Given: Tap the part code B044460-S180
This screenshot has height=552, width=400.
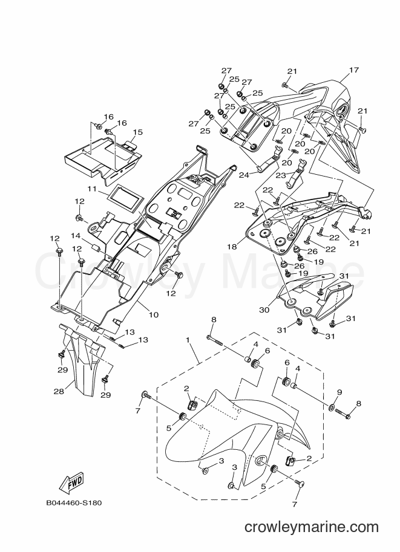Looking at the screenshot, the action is click(x=74, y=502).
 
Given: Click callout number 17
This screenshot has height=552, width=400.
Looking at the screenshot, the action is click(x=353, y=70).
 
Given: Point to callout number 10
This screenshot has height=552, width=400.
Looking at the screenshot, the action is click(x=154, y=314).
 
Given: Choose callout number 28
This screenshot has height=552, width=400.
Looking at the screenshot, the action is click(x=59, y=391).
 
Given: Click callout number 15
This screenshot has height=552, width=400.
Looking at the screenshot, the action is click(x=138, y=132).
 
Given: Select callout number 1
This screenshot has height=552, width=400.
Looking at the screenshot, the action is click(x=188, y=340).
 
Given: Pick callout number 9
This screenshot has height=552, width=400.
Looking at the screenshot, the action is click(x=339, y=392).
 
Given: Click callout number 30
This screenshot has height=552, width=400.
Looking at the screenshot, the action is click(x=264, y=310).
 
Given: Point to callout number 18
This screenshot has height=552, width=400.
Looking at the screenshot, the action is click(x=232, y=246).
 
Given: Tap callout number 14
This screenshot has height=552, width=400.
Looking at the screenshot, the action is click(x=76, y=236).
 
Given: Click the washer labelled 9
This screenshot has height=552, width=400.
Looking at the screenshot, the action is click(x=333, y=408).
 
